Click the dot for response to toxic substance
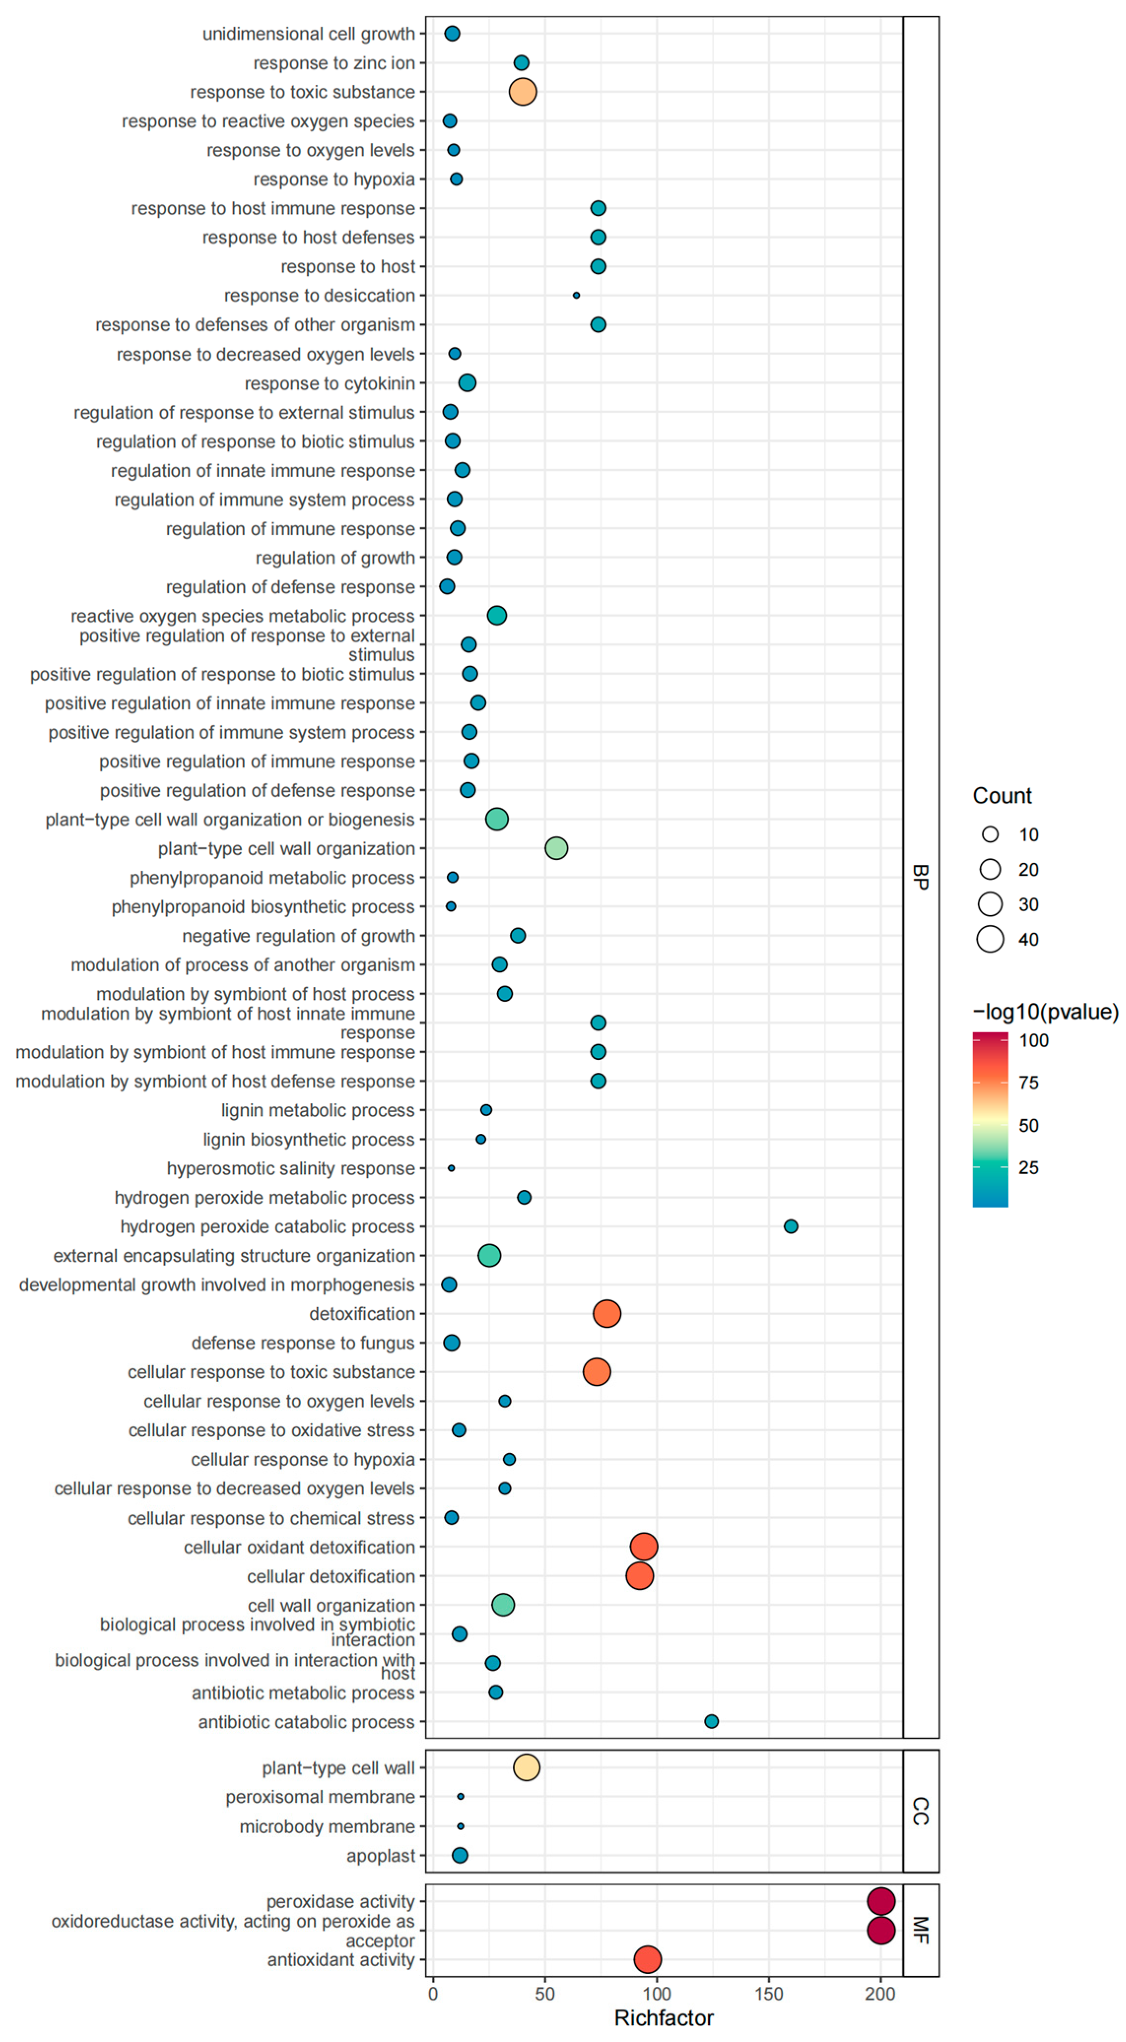click(523, 92)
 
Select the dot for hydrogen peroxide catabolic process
click(791, 1226)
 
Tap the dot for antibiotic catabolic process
click(711, 1721)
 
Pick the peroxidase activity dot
click(881, 1901)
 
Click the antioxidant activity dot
click(648, 1959)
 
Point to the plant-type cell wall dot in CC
click(527, 1767)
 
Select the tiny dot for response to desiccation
click(576, 296)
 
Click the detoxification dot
click(607, 1314)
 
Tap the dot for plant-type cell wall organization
click(556, 848)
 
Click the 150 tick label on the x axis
click(768, 1994)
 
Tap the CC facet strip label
click(921, 1811)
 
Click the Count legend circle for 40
click(991, 939)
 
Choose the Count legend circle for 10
click(991, 835)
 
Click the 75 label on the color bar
click(1028, 1083)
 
